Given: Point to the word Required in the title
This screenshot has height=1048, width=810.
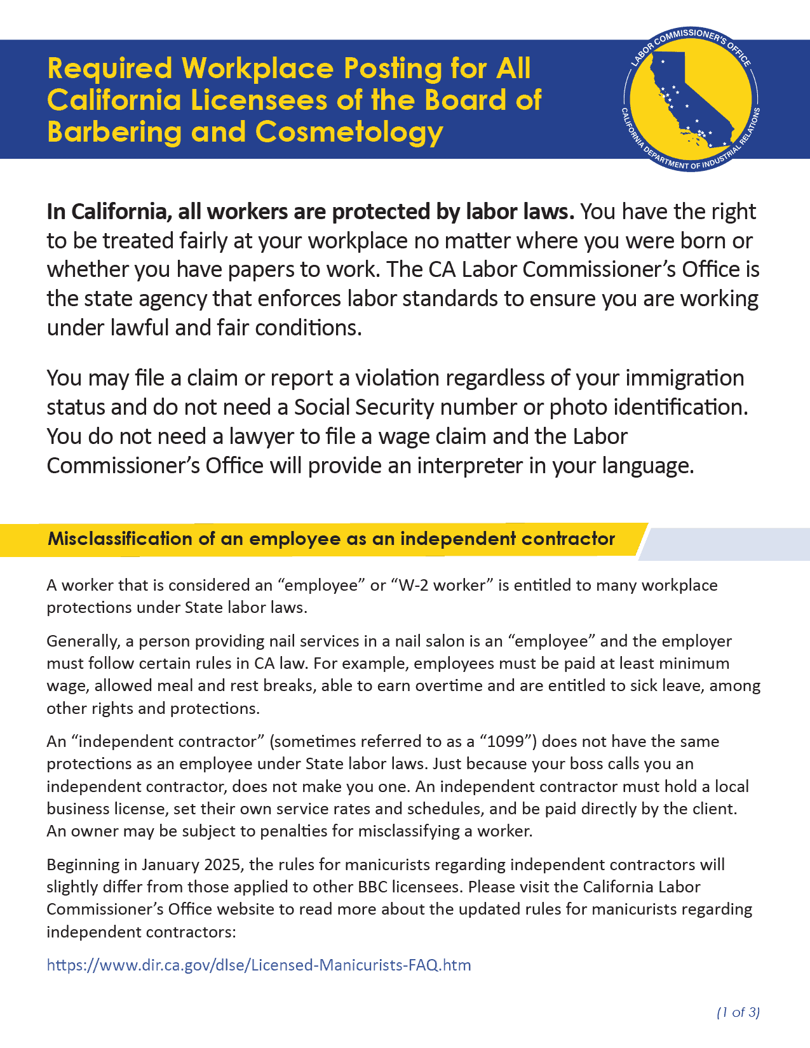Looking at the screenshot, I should (x=109, y=69).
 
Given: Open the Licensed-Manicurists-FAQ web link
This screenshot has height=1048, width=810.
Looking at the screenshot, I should (x=259, y=965).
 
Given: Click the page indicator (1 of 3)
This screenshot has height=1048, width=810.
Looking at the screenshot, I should (x=738, y=1012).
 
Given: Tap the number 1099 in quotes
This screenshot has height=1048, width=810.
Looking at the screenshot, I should (x=506, y=742).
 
